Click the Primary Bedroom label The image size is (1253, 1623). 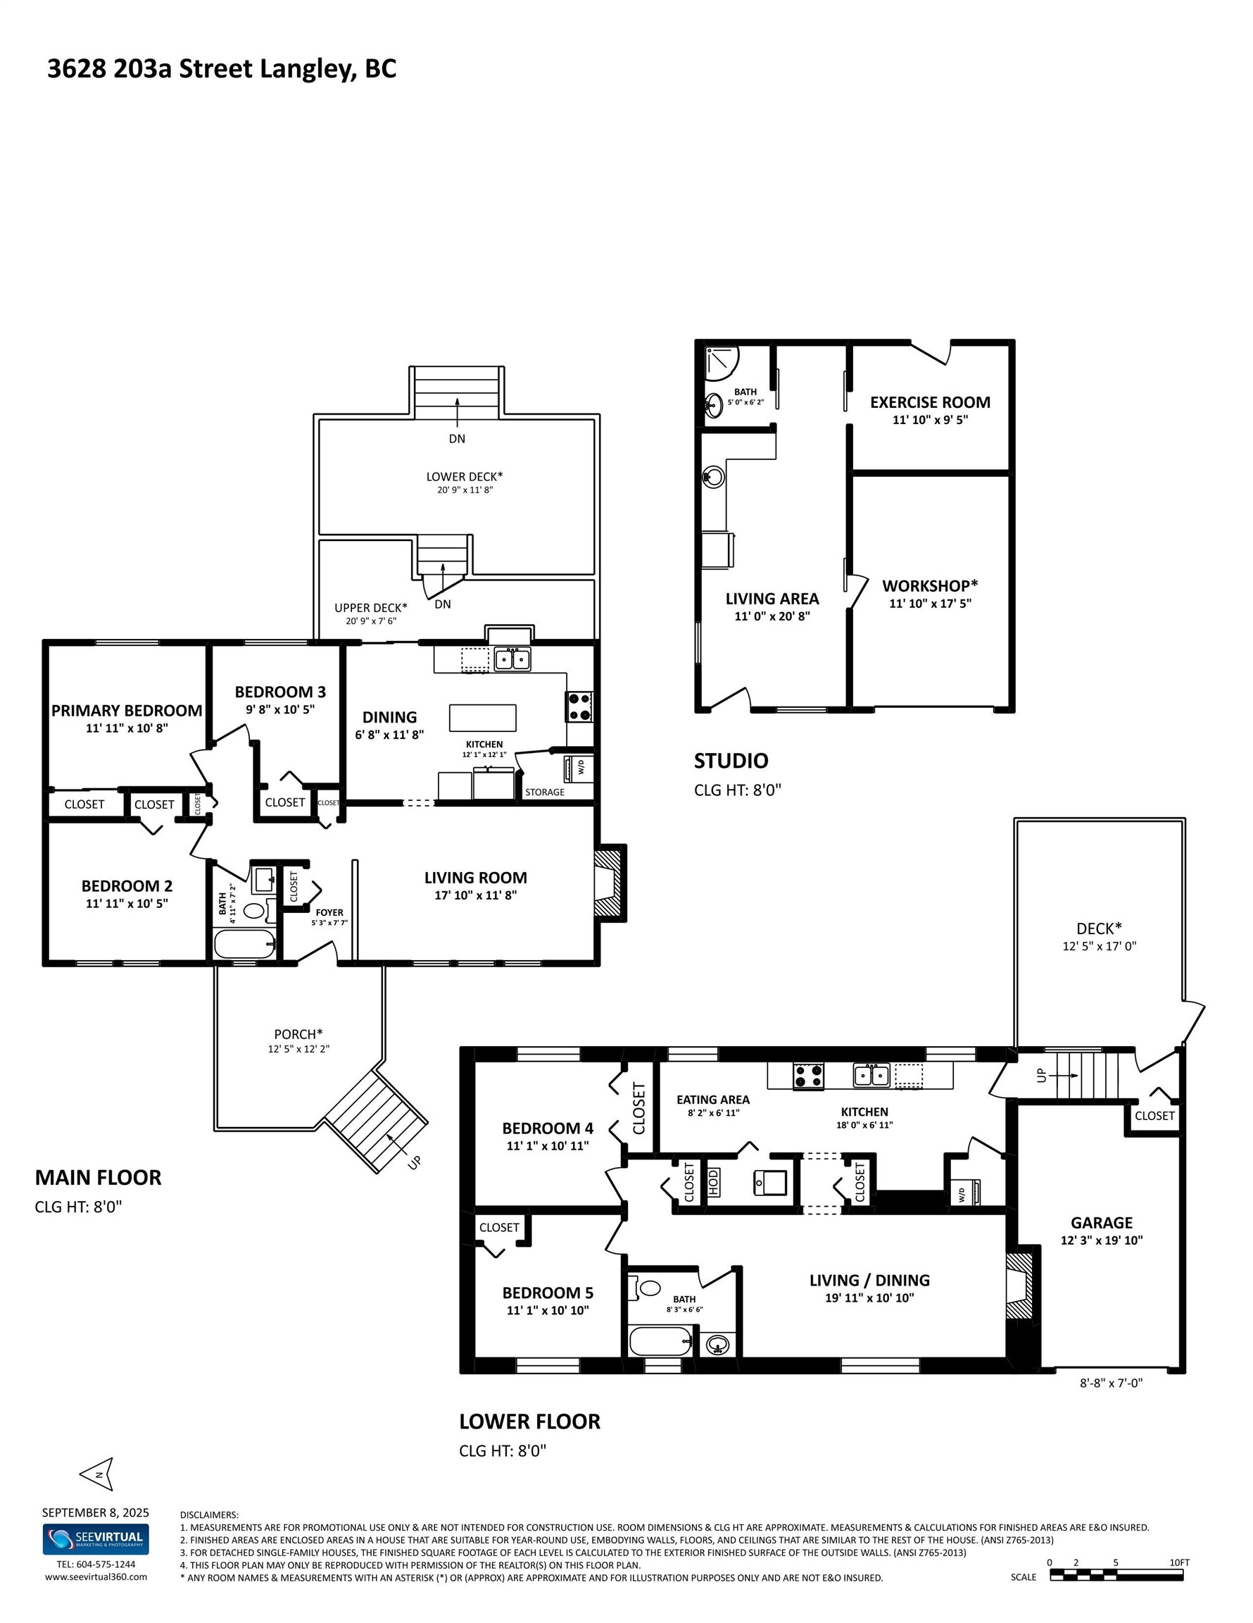pos(126,711)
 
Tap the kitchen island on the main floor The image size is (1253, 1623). pos(482,718)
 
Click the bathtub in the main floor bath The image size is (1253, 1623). pos(244,945)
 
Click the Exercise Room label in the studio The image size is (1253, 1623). pos(930,402)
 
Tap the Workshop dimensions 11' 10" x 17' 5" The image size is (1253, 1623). pos(930,604)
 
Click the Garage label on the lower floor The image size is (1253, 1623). pos(1102,1222)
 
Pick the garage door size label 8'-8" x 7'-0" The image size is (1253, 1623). pos(1110,1383)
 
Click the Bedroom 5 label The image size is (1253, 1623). pos(548,1293)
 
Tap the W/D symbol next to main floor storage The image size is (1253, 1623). pos(578,767)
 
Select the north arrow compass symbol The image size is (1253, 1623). pos(98,1473)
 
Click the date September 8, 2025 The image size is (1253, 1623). pos(95,1512)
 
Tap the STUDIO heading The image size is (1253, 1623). pos(731,760)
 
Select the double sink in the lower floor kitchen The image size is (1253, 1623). pos(871,1074)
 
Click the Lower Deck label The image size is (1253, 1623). pos(464,476)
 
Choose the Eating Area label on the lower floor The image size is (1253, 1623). pos(713,1099)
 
